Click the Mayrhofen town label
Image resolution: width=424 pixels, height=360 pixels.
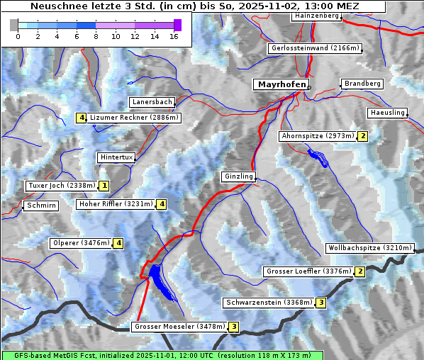click(281, 84)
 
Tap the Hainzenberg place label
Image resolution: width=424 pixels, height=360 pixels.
click(316, 16)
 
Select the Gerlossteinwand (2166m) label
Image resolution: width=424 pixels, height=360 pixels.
click(316, 49)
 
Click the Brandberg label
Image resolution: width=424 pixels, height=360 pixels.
click(363, 84)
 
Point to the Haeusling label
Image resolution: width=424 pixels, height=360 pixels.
click(388, 113)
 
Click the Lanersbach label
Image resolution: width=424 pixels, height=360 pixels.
click(152, 102)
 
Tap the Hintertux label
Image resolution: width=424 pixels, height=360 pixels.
click(116, 157)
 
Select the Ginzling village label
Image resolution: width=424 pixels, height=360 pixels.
click(238, 176)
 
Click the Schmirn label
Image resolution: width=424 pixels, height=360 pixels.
click(40, 206)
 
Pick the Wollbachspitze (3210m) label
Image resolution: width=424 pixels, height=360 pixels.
click(369, 248)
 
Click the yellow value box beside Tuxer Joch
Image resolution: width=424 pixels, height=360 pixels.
click(104, 186)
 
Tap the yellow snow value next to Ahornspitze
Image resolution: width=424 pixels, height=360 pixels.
click(362, 136)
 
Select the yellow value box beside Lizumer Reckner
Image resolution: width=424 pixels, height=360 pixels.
click(82, 118)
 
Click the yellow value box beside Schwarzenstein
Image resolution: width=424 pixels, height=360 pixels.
click(320, 303)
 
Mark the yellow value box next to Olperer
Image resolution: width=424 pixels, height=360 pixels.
click(118, 243)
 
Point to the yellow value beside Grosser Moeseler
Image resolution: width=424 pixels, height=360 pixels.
click(234, 327)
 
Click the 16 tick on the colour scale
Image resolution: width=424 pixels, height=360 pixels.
click(173, 36)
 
